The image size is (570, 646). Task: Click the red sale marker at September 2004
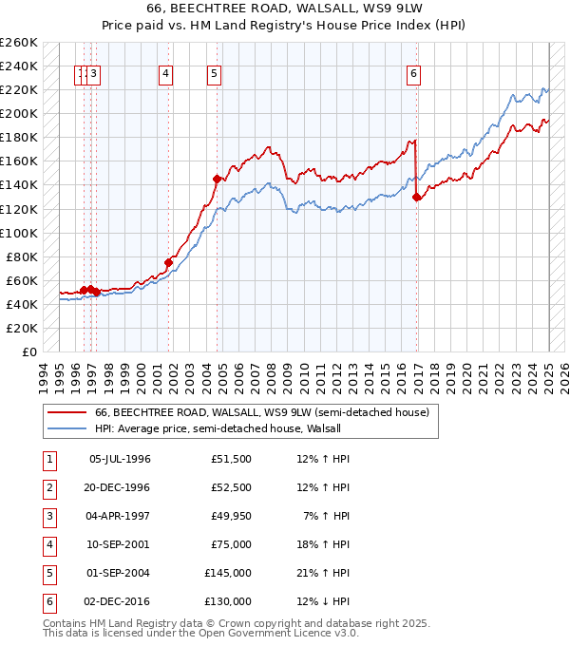click(x=217, y=179)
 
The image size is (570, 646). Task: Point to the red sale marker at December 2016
click(x=417, y=197)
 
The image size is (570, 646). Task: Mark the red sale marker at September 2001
click(x=168, y=262)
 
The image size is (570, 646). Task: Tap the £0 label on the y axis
click(x=28, y=351)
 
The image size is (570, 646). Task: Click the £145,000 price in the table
click(x=228, y=573)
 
